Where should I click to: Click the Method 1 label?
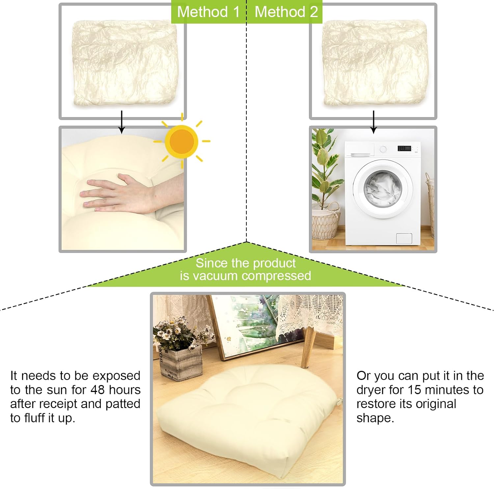click(x=208, y=12)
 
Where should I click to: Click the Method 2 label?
click(x=286, y=12)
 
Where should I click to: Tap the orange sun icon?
click(x=181, y=141)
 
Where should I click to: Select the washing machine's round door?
click(x=383, y=189)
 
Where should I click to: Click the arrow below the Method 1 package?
click(x=122, y=122)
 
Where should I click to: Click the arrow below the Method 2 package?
click(x=373, y=122)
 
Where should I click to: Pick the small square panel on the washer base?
click(x=404, y=238)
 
